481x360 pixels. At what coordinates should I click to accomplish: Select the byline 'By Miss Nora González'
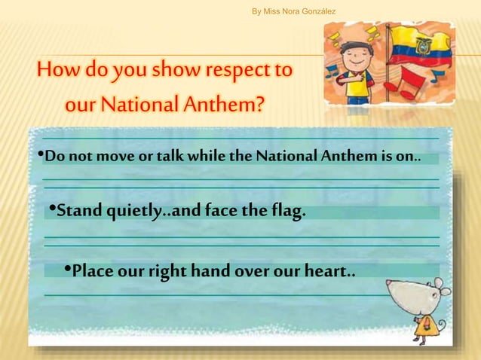(x=293, y=11)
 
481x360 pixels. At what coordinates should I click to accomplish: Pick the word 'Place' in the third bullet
(x=93, y=270)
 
